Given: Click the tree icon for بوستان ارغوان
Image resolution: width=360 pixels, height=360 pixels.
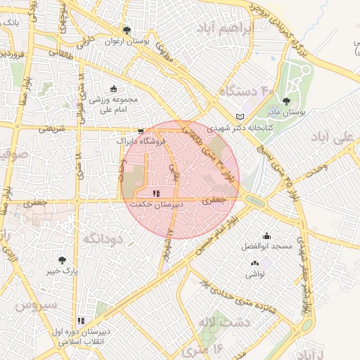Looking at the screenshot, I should [x=127, y=30].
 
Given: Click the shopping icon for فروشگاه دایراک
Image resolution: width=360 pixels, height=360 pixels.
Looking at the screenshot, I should [x=141, y=131].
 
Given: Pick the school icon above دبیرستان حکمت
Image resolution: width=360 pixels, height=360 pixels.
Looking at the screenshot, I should [x=156, y=193].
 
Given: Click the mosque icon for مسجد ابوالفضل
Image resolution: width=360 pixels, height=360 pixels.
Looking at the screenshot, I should [x=266, y=236].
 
